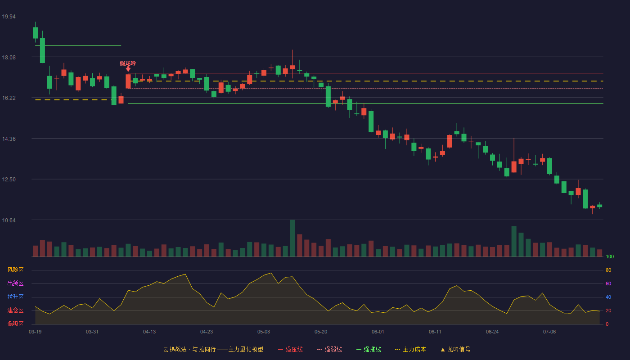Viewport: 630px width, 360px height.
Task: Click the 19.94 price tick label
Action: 9,17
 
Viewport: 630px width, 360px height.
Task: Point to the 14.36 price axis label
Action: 9,139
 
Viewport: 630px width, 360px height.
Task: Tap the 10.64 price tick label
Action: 9,220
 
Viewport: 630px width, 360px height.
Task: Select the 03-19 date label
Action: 35,332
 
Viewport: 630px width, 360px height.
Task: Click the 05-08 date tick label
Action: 264,332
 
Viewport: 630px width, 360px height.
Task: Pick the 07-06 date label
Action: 549,332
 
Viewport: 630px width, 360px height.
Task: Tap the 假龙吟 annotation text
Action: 128,63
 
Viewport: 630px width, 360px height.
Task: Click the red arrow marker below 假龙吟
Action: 128,69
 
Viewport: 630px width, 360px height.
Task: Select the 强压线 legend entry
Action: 291,350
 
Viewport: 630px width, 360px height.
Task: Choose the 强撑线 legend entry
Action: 369,350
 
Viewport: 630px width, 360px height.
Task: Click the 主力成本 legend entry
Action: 410,350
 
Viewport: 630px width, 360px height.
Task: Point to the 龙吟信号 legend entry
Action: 455,350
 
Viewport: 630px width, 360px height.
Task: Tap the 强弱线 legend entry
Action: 329,350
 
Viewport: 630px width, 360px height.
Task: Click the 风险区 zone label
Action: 15,270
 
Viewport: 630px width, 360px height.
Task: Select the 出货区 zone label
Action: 15,283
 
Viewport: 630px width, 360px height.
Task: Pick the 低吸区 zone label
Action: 15,324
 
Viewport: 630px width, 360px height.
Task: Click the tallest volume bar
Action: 292,238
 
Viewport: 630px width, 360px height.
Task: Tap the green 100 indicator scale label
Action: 610,257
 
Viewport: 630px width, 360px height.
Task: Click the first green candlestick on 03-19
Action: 35,32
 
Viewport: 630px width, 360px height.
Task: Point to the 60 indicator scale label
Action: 608,284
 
